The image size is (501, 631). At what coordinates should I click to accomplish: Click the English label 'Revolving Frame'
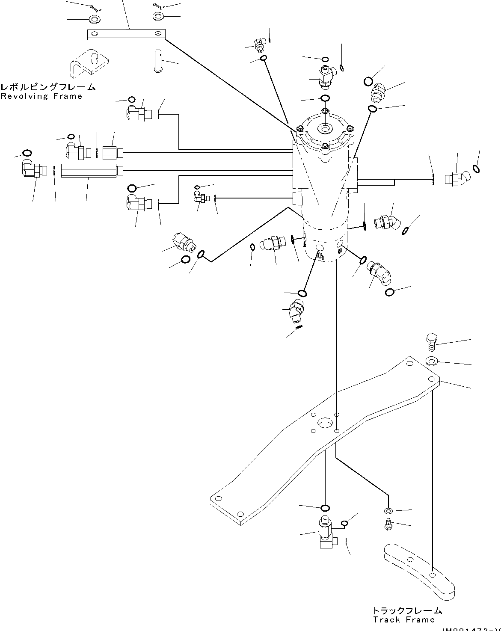[x=42, y=96]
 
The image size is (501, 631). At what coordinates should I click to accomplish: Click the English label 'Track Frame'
[x=403, y=620]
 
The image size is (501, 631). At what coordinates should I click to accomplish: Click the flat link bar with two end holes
[x=126, y=34]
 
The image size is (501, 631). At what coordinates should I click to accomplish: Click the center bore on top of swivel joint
[x=325, y=129]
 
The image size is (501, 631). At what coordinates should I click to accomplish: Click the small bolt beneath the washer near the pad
[x=388, y=524]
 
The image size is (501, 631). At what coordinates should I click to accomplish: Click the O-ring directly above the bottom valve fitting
[x=325, y=508]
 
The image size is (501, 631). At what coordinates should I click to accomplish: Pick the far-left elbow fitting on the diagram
[x=31, y=169]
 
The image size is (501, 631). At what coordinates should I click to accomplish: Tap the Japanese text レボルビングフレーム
[x=48, y=87]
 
